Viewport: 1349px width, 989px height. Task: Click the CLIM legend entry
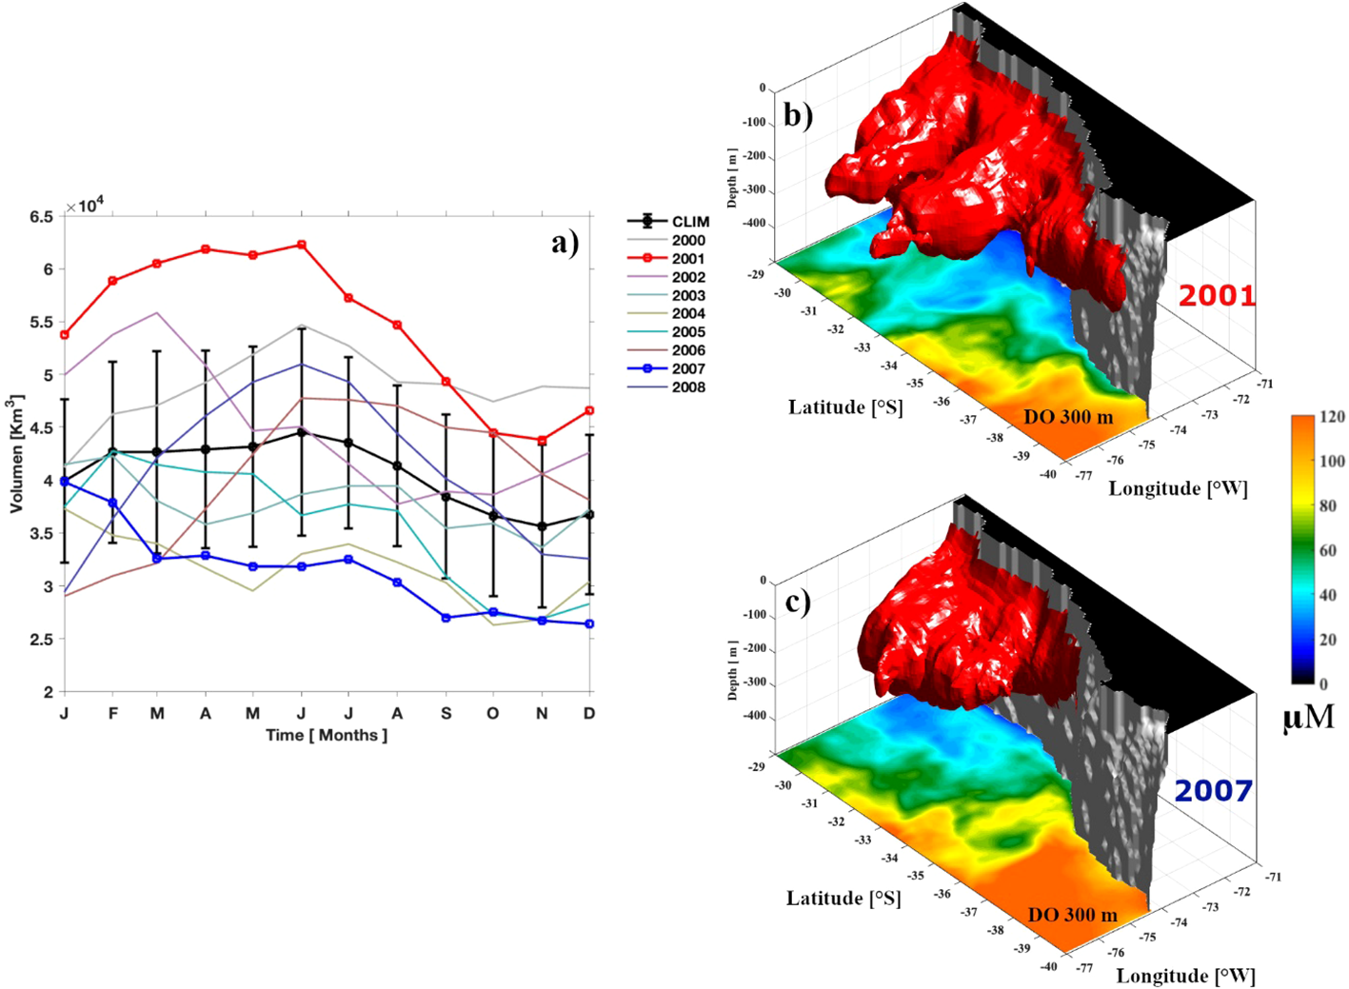tap(689, 222)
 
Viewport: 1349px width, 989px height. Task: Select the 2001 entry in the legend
tap(687, 259)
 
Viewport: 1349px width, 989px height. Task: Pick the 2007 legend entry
tap(687, 369)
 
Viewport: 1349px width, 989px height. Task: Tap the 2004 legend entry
tap(687, 314)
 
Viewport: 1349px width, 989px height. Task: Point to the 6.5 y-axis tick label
tap(41, 217)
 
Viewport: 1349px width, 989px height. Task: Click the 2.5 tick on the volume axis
tap(41, 640)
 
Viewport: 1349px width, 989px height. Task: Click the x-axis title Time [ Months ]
tap(327, 736)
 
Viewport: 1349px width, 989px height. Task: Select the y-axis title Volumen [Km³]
tap(16, 455)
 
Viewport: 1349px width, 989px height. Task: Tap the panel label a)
tap(565, 243)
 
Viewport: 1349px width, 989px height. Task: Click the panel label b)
tap(798, 114)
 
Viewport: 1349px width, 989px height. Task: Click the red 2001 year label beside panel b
tap(1217, 296)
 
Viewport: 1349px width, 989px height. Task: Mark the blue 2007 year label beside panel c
tap(1212, 791)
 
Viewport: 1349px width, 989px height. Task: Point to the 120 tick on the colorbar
tap(1332, 417)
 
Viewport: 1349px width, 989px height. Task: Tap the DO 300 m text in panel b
tap(1067, 417)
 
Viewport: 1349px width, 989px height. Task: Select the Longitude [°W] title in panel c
tap(1185, 976)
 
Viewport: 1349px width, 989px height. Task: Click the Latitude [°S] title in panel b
tap(844, 407)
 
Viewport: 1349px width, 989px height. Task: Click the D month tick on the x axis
tap(589, 714)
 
